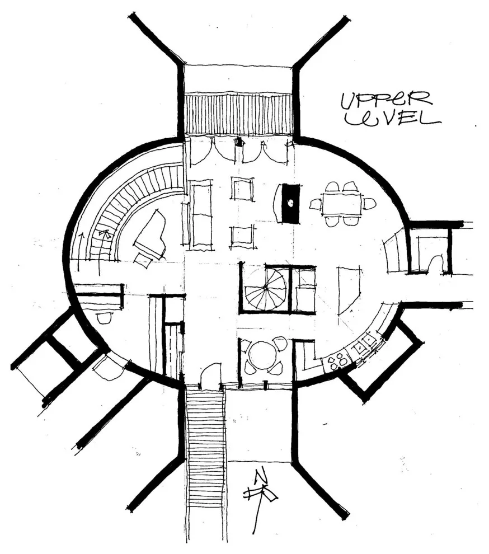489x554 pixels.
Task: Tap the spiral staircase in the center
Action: pos(265,288)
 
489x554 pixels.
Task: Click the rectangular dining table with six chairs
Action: pos(342,204)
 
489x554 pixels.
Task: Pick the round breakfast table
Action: pos(262,355)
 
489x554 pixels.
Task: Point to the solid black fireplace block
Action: pos(290,203)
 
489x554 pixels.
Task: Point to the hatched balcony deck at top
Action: pos(238,113)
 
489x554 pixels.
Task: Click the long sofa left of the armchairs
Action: pos(201,214)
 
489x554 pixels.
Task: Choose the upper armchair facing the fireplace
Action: pos(242,189)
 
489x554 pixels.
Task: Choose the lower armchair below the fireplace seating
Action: pos(242,237)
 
